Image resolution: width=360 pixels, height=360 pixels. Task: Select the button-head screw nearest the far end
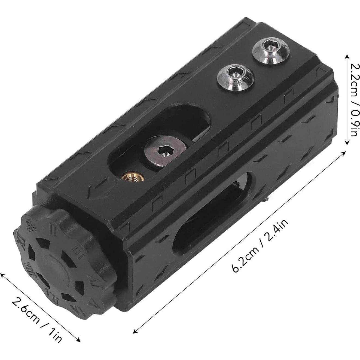tap(268, 51)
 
